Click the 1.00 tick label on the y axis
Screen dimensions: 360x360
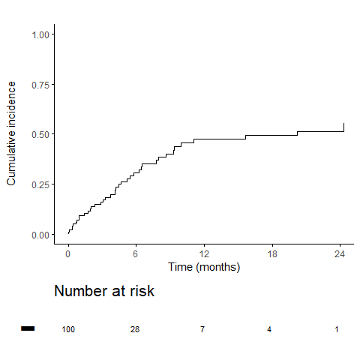click(x=40, y=34)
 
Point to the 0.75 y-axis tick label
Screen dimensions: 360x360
click(x=40, y=85)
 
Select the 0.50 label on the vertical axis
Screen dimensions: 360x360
click(x=40, y=135)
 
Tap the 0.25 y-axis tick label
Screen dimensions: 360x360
click(x=40, y=185)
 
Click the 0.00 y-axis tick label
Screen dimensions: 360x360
click(x=40, y=235)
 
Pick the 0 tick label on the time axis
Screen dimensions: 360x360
click(x=68, y=254)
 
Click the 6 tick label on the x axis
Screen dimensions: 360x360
click(x=136, y=254)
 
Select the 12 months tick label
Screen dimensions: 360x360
click(x=204, y=254)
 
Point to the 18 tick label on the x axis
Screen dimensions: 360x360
click(x=272, y=254)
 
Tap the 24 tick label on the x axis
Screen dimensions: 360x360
click(x=340, y=254)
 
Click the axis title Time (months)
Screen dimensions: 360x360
click(x=204, y=267)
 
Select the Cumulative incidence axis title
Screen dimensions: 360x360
click(x=11, y=133)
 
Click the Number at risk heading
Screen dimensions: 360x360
click(x=104, y=291)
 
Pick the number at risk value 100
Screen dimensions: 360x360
click(x=68, y=329)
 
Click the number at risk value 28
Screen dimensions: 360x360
click(x=135, y=329)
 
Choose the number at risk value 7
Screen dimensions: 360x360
click(x=202, y=329)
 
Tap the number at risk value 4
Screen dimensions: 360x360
click(x=269, y=329)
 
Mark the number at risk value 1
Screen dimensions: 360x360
click(x=337, y=329)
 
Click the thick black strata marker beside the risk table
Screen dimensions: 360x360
click(x=28, y=328)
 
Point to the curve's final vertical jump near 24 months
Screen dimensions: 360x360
click(x=344, y=127)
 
